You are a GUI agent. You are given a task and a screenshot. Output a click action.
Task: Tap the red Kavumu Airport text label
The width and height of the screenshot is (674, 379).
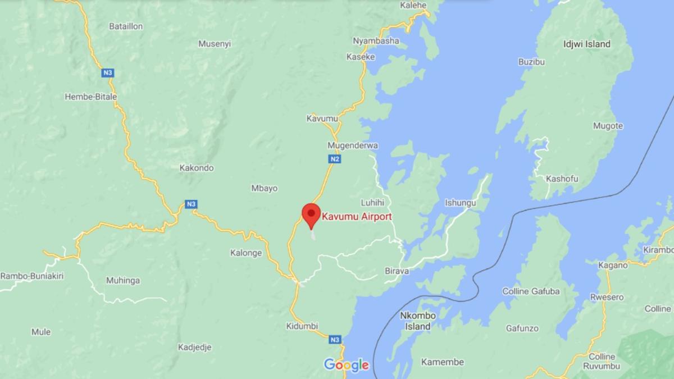(x=357, y=216)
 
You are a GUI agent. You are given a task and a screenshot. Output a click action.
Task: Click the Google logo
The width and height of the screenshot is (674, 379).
(x=346, y=365)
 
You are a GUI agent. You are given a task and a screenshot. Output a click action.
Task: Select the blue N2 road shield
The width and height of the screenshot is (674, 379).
(x=335, y=159)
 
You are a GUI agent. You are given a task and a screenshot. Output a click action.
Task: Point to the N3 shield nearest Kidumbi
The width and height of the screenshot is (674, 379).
(x=335, y=340)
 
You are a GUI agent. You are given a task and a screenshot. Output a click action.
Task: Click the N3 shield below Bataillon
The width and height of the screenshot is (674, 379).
(x=107, y=72)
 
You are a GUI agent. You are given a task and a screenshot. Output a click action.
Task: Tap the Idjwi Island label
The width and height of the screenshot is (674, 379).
(x=586, y=44)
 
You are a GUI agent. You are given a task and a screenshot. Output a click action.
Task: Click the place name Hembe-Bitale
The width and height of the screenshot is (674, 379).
(x=91, y=97)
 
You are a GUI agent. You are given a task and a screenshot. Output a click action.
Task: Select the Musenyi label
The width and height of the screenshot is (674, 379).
(x=215, y=44)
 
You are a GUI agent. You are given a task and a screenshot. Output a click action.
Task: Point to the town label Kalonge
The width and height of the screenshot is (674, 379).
(x=246, y=253)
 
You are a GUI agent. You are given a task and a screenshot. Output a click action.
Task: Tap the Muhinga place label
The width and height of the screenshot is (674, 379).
(x=123, y=280)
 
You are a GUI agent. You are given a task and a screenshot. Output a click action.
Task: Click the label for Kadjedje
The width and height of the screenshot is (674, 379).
(x=194, y=347)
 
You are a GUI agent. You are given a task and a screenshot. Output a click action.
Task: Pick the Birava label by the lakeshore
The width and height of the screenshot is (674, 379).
(x=397, y=271)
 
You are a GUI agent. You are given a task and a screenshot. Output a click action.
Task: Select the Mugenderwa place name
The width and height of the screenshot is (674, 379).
(x=353, y=145)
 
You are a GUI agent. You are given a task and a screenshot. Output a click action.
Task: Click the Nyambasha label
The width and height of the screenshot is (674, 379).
(x=376, y=40)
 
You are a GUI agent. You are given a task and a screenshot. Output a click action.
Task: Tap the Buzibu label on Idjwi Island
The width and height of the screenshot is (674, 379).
(x=531, y=62)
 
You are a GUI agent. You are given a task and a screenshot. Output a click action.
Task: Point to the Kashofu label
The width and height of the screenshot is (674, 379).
(x=562, y=179)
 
